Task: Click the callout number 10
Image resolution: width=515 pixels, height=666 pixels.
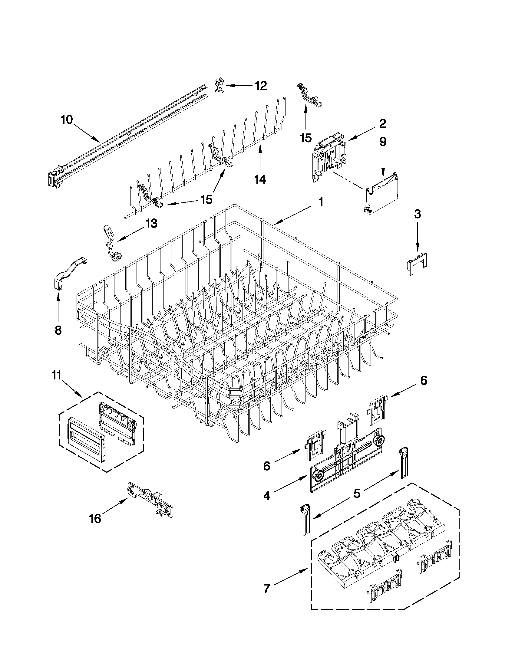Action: point(67,120)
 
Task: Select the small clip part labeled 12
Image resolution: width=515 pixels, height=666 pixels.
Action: point(220,86)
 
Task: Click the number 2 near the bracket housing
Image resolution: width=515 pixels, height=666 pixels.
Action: point(382,123)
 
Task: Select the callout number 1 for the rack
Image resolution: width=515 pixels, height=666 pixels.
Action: point(321,202)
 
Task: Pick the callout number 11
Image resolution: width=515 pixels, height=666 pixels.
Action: point(57,376)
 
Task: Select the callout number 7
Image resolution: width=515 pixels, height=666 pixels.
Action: point(267,588)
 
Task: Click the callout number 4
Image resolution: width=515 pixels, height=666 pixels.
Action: point(267,496)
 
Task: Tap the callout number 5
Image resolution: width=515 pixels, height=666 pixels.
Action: point(357,493)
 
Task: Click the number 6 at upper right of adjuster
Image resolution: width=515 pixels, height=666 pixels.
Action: point(424,380)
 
